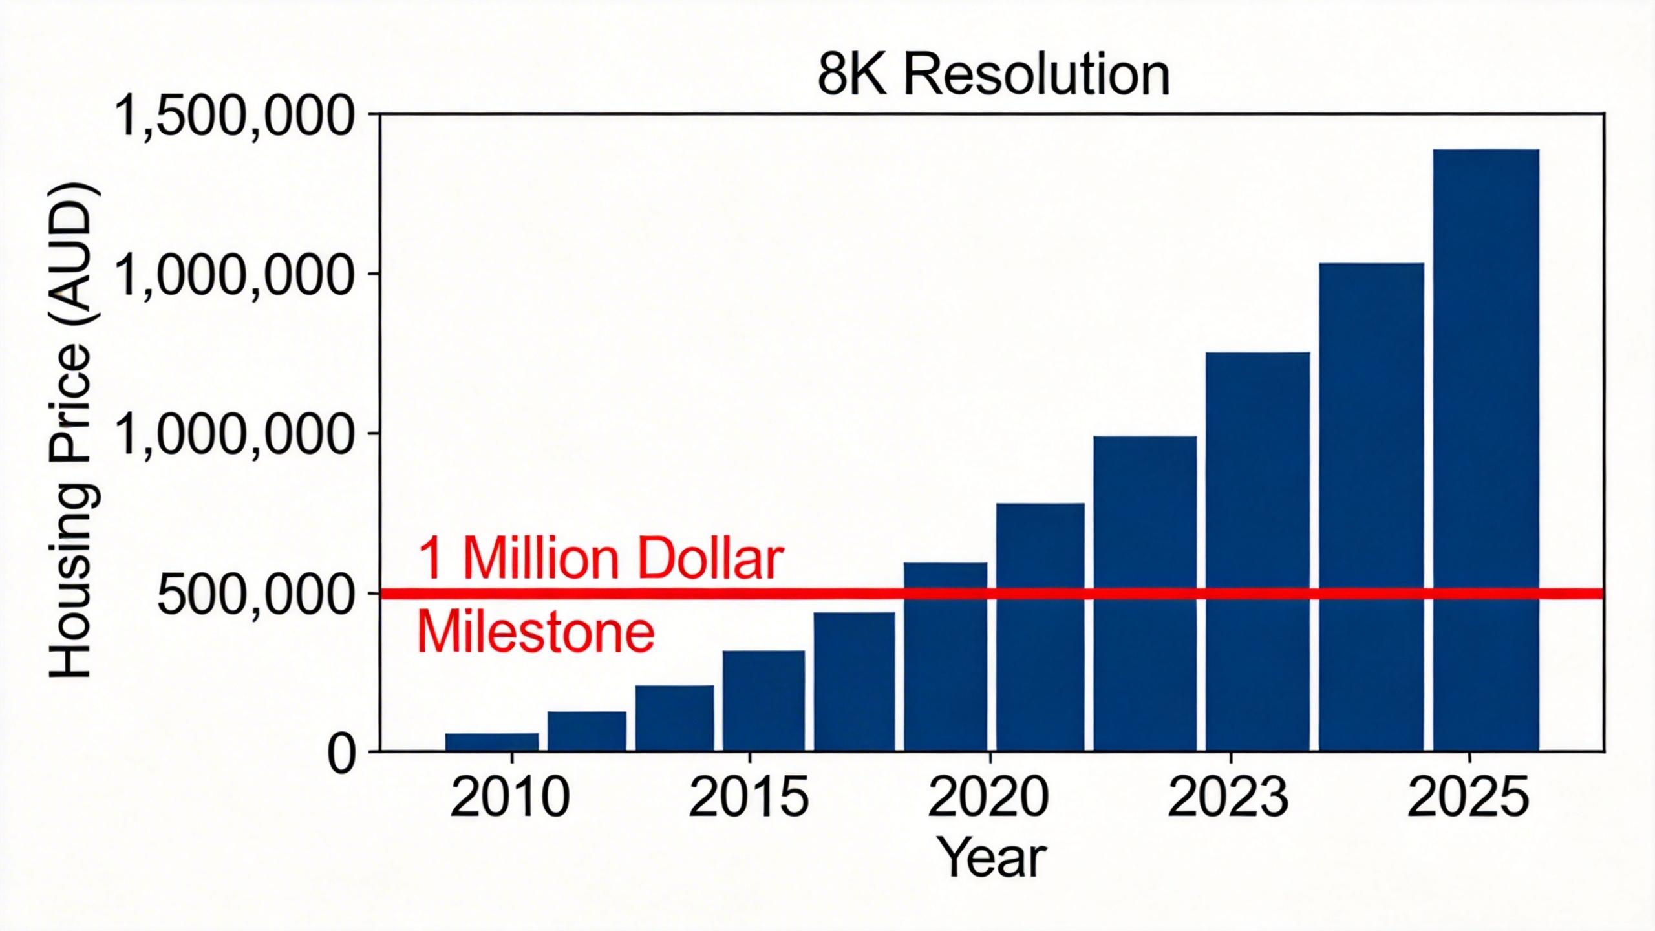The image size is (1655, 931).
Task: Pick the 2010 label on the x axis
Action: coord(510,799)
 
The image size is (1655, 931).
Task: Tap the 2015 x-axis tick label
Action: coord(749,799)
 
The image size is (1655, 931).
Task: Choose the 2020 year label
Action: coord(988,799)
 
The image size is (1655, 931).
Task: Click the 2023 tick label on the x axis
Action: coord(1228,799)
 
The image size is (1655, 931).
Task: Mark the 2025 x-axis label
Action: coord(1468,799)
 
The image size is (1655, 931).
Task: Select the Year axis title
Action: coord(992,857)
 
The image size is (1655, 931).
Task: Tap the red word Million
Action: coord(542,559)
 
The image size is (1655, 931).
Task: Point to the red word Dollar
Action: coord(710,559)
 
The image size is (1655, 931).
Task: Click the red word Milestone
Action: coord(535,633)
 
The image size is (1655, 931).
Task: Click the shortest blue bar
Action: coord(491,742)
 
